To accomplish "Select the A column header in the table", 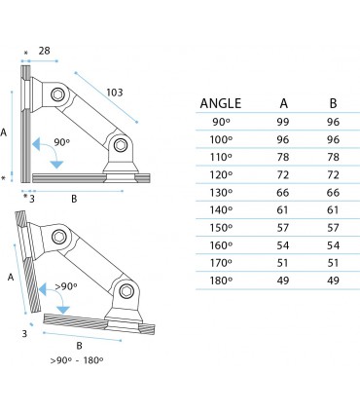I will click(x=282, y=102).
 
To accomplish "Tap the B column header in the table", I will click(x=333, y=102).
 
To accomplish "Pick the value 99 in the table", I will click(x=282, y=123).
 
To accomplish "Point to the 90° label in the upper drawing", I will click(x=61, y=142).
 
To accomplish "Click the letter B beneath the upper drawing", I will click(x=75, y=198).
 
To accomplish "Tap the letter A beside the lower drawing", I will click(x=11, y=277).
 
